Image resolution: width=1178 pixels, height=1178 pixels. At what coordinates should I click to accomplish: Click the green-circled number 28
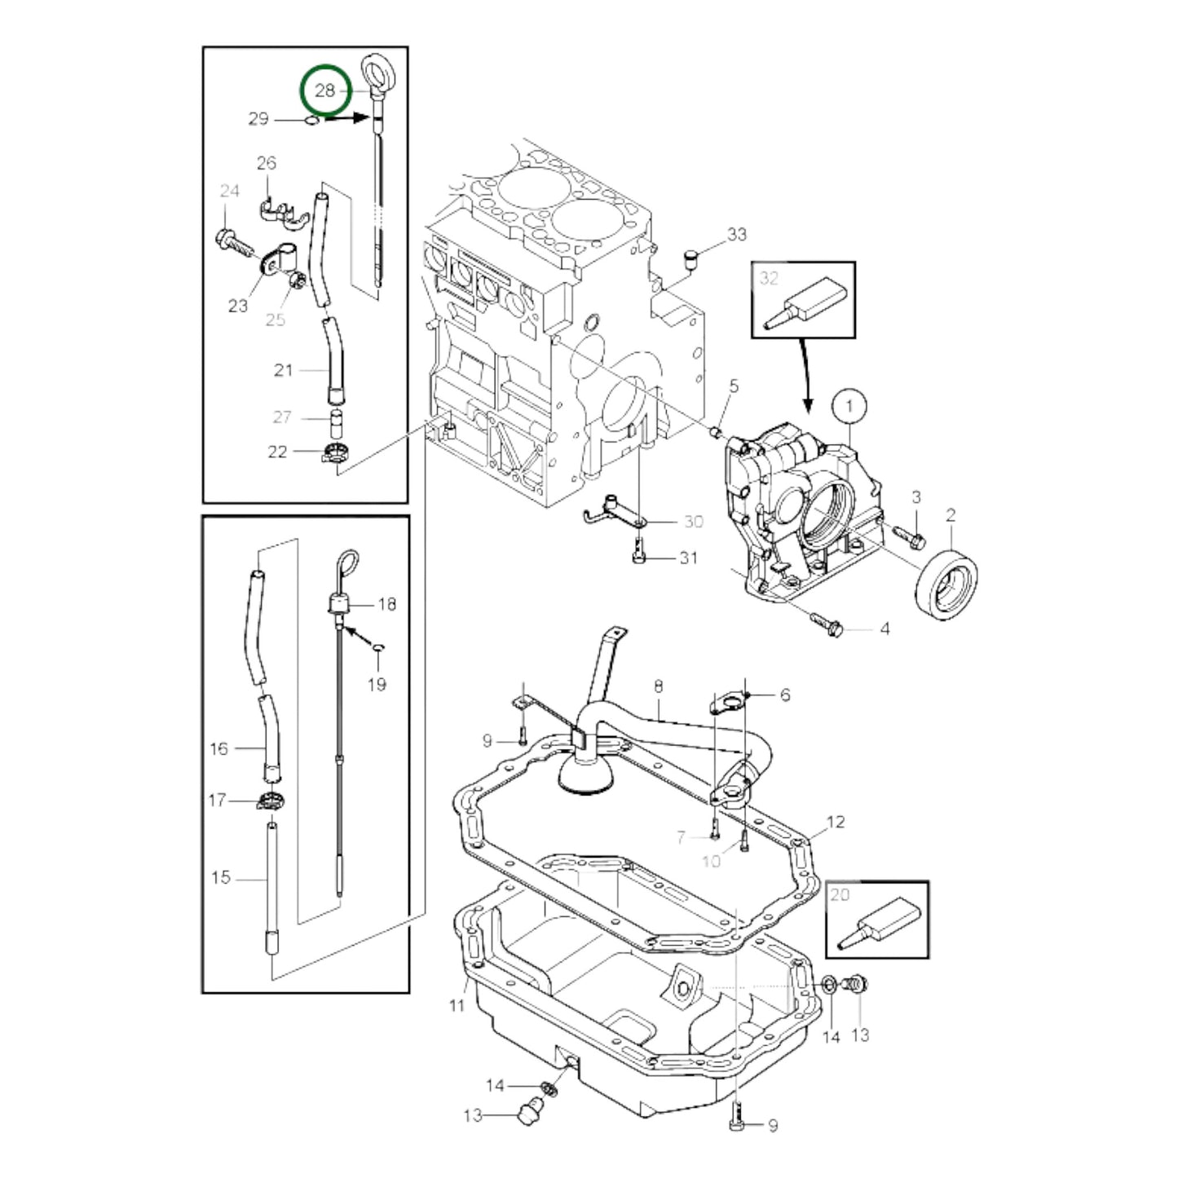click(324, 90)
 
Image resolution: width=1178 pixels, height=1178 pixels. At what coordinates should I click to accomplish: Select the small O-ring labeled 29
click(311, 121)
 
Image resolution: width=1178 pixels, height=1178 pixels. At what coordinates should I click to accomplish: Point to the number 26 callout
click(267, 163)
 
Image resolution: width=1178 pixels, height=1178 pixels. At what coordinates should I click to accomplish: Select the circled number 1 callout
click(849, 406)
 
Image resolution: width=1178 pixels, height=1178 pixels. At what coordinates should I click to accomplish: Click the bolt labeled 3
click(908, 536)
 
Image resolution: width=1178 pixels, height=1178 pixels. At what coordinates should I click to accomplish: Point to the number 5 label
click(733, 386)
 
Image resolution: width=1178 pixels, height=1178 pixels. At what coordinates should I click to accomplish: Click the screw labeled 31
click(638, 557)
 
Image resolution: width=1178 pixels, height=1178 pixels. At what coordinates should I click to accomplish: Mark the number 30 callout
click(693, 522)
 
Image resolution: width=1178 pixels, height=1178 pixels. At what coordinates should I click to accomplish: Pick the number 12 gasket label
click(836, 822)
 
